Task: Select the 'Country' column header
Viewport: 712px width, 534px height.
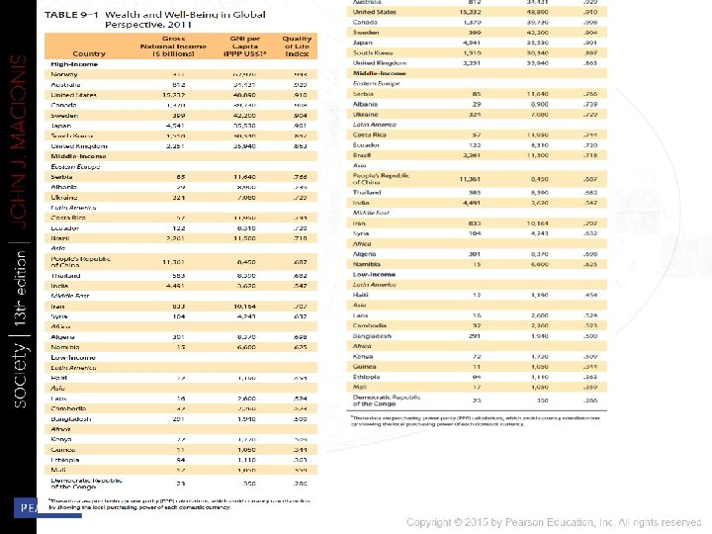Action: tap(88, 53)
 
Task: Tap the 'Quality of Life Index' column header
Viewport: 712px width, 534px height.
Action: tap(298, 45)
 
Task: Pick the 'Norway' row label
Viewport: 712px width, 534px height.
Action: tap(66, 74)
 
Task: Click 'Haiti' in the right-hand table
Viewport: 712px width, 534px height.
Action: tap(362, 295)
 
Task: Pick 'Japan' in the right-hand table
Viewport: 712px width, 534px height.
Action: tap(363, 43)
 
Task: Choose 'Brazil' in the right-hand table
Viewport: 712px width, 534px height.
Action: tap(364, 155)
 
